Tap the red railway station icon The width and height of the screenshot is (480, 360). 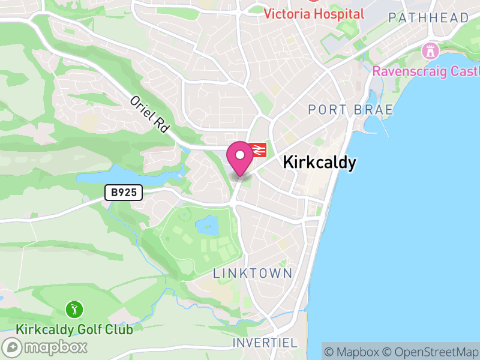point(259,149)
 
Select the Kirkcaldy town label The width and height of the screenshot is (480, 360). point(319,163)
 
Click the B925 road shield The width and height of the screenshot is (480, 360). point(123,193)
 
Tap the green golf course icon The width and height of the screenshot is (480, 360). point(74,310)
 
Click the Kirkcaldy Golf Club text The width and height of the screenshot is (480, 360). point(74,329)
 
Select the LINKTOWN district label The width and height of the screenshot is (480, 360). point(253,274)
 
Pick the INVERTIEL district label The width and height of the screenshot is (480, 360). point(265,343)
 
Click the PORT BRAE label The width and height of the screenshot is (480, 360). point(350,110)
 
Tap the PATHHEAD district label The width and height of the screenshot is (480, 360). point(428,18)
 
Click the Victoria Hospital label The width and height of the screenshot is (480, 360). point(314,14)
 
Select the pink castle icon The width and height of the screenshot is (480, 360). point(430,51)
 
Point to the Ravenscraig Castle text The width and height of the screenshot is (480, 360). point(425,71)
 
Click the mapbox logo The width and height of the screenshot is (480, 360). point(46,347)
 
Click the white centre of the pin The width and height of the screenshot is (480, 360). point(240,155)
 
